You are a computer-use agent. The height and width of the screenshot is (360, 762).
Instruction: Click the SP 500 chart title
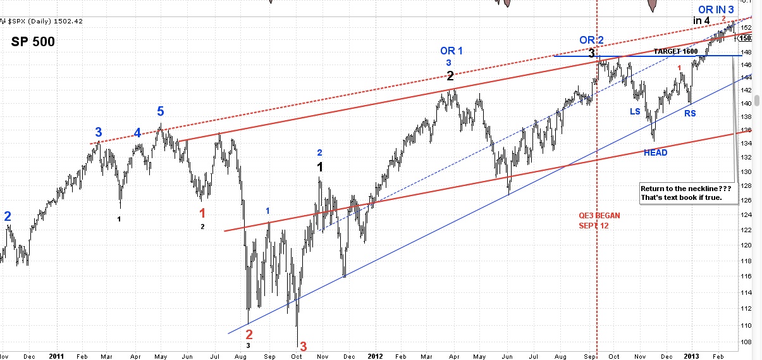[33, 42]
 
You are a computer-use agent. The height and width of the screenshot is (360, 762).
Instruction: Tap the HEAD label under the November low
[655, 152]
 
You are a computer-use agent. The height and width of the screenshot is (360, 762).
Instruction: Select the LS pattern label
[634, 111]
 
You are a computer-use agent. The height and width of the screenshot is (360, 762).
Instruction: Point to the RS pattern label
[690, 114]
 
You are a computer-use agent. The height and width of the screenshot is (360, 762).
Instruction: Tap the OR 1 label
[452, 51]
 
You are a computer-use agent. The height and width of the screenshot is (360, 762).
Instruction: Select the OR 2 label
[591, 40]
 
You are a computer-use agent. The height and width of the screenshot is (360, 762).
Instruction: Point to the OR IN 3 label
[716, 9]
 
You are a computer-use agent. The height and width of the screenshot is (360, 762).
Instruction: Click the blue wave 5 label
[161, 112]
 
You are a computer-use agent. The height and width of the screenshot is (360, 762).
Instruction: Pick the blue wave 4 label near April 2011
[137, 133]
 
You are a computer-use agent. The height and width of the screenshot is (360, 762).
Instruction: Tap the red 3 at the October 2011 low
[303, 346]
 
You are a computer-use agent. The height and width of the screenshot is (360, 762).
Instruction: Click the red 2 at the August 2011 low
[249, 334]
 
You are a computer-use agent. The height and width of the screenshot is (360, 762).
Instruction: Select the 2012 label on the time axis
[376, 356]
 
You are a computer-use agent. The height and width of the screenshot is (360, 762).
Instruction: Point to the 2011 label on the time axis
[56, 356]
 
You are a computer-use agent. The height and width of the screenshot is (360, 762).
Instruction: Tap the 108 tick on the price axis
[746, 342]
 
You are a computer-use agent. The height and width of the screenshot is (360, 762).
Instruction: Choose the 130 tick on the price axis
[746, 171]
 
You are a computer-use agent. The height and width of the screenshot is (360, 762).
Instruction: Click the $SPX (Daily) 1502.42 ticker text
[46, 21]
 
